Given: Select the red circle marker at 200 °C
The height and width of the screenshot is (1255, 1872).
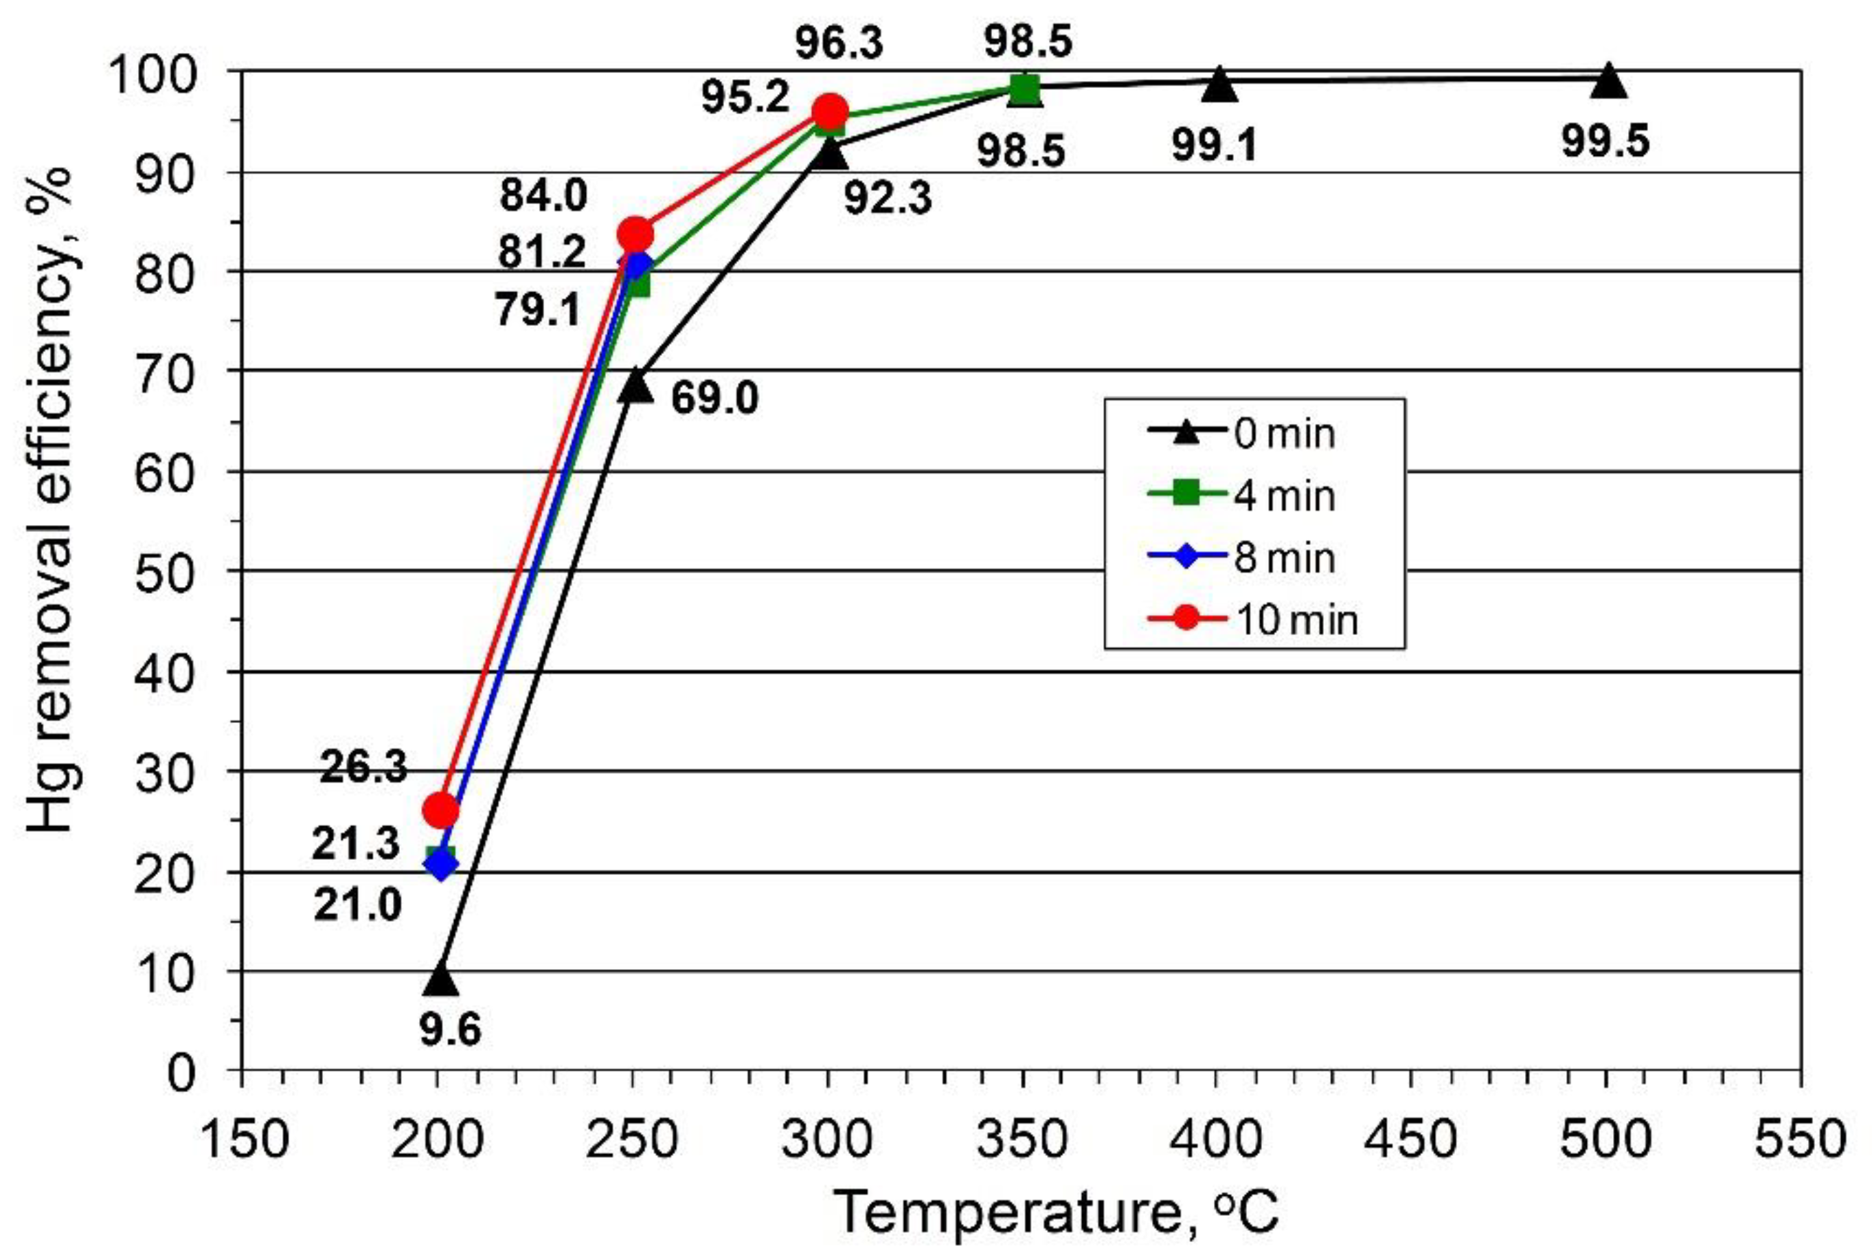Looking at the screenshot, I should point(440,811).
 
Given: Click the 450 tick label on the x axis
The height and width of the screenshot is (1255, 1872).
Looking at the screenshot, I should point(1410,1139).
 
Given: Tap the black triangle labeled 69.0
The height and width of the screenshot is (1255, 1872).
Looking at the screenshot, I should point(635,386).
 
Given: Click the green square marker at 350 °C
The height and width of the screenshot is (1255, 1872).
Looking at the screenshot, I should point(1025,89).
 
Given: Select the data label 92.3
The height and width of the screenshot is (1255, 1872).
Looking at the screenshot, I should point(888,199).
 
